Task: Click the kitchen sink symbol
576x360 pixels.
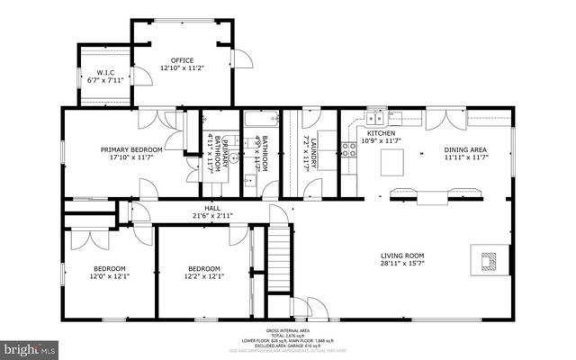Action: [376, 116]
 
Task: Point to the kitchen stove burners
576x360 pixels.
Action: [347, 148]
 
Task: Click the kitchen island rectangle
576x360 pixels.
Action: [392, 162]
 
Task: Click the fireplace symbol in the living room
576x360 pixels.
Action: [489, 261]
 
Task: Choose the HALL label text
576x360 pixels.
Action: [212, 207]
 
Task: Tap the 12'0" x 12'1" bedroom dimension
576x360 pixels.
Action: [110, 276]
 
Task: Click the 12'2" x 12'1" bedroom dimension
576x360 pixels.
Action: [203, 276]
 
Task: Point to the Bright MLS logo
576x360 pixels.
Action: [29, 346]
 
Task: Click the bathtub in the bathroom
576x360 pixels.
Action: [261, 119]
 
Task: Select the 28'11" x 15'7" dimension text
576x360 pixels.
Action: [402, 264]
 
